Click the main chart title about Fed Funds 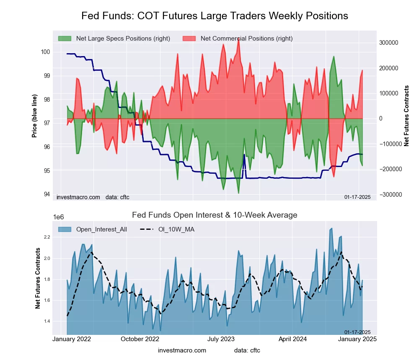pyautogui.click(x=215, y=16)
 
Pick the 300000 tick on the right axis pyautogui.click(x=388, y=43)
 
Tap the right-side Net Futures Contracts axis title pyautogui.click(x=406, y=116)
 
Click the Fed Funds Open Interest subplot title pyautogui.click(x=215, y=215)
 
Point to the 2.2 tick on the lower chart pyautogui.click(x=47, y=237)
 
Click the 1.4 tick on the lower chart pyautogui.click(x=47, y=321)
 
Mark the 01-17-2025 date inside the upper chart pyautogui.click(x=357, y=197)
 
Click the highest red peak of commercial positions pyautogui.click(x=238, y=39)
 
